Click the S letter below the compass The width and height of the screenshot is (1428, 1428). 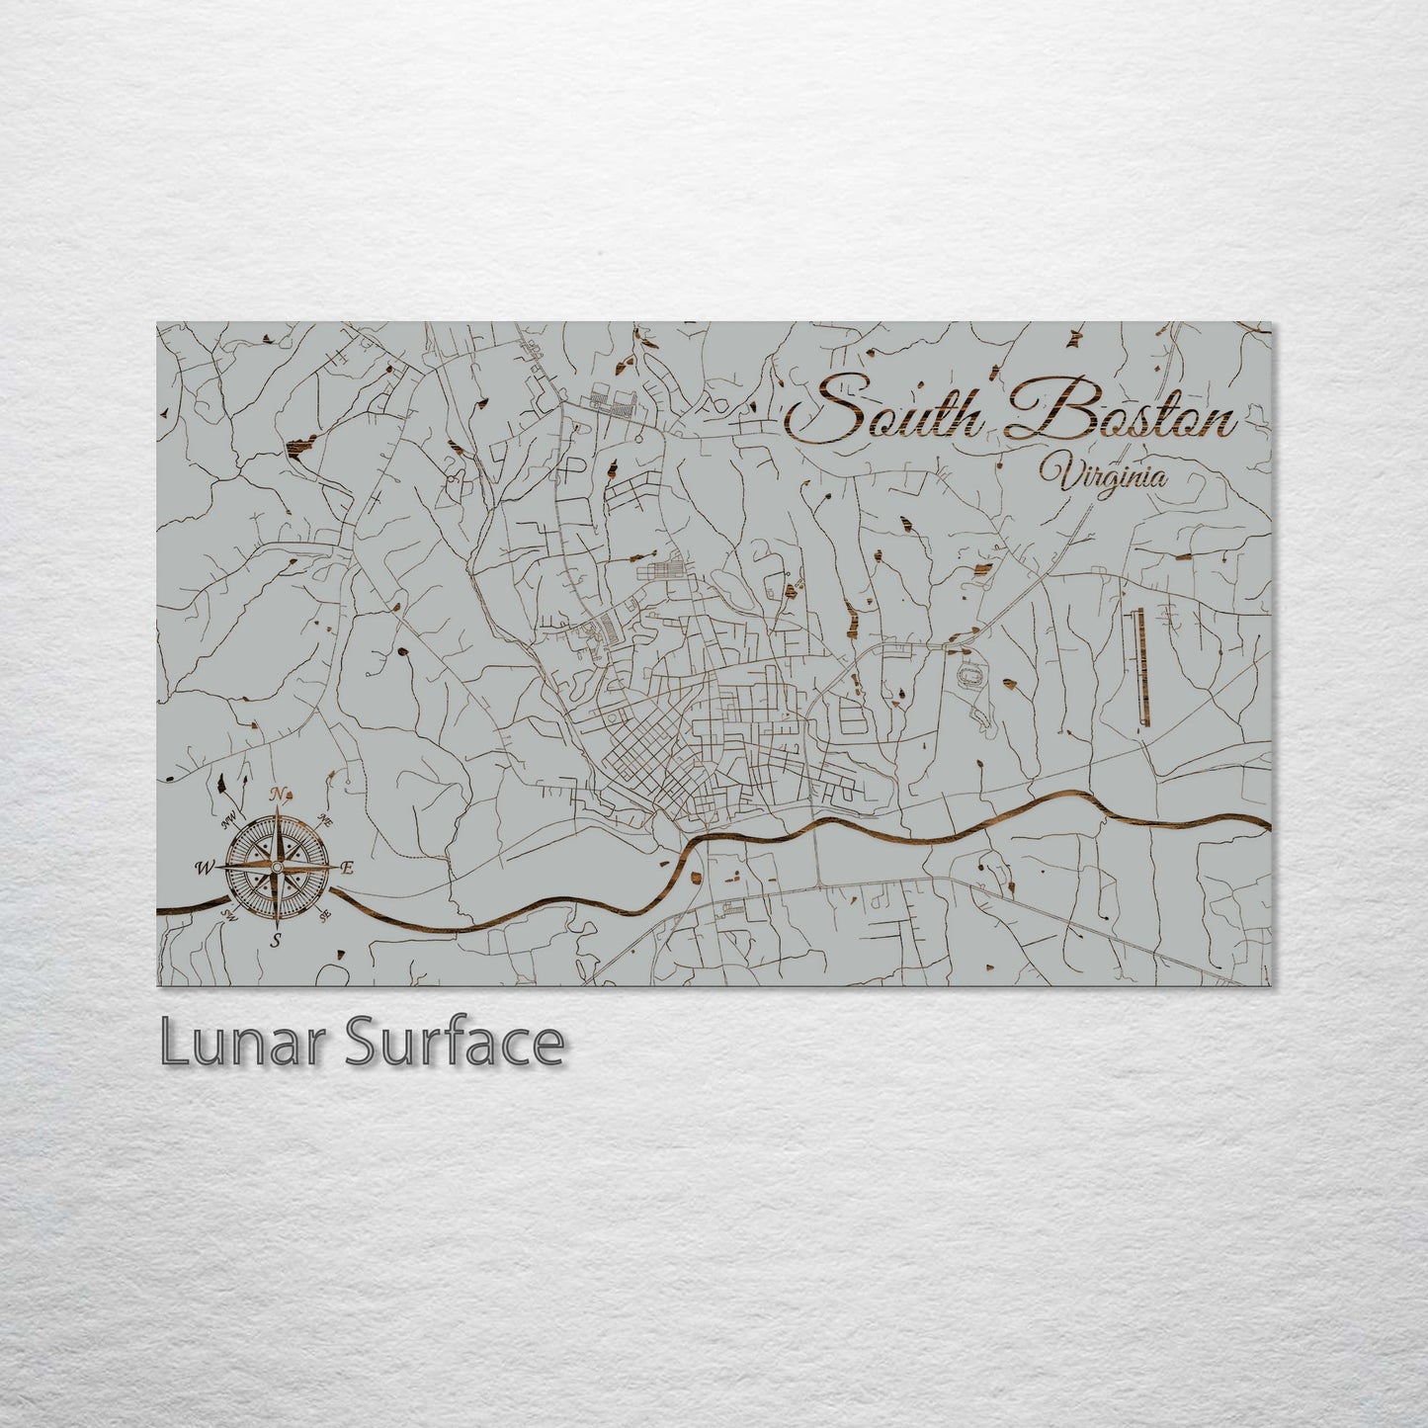point(278,940)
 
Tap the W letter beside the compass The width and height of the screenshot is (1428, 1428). point(205,868)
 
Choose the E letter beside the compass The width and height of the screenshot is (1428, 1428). point(347,868)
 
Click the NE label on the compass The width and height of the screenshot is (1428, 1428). point(326,819)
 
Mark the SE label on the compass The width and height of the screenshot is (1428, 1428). point(325,916)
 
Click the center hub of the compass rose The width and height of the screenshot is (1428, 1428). point(278,868)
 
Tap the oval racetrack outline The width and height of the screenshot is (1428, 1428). point(973,678)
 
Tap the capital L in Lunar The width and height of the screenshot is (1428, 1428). point(175,1044)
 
